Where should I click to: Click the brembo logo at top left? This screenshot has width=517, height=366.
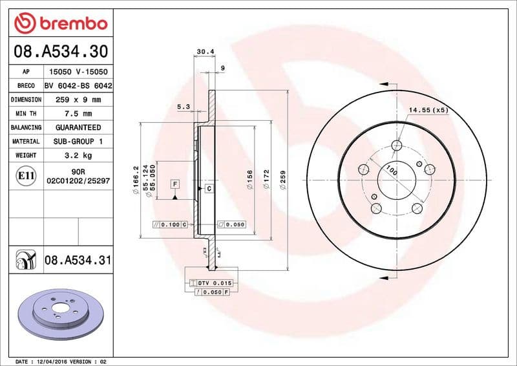pyautogui.click(x=61, y=23)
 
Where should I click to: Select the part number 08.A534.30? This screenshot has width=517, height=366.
pyautogui.click(x=61, y=51)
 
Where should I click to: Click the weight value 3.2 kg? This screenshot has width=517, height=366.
pyautogui.click(x=78, y=155)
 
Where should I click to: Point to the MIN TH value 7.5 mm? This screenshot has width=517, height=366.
pyautogui.click(x=78, y=114)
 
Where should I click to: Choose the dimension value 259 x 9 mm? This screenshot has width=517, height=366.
pyautogui.click(x=78, y=100)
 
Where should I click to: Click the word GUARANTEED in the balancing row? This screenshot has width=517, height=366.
pyautogui.click(x=78, y=127)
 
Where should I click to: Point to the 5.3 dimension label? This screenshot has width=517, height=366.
pyautogui.click(x=183, y=107)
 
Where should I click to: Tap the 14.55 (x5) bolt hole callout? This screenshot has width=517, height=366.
pyautogui.click(x=428, y=111)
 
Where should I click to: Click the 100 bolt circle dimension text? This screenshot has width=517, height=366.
pyautogui.click(x=391, y=170)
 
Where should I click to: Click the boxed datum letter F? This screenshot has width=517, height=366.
pyautogui.click(x=174, y=184)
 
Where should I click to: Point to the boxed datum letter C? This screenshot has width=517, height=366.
pyautogui.click(x=209, y=189)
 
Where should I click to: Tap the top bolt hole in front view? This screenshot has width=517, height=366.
pyautogui.click(x=396, y=147)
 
